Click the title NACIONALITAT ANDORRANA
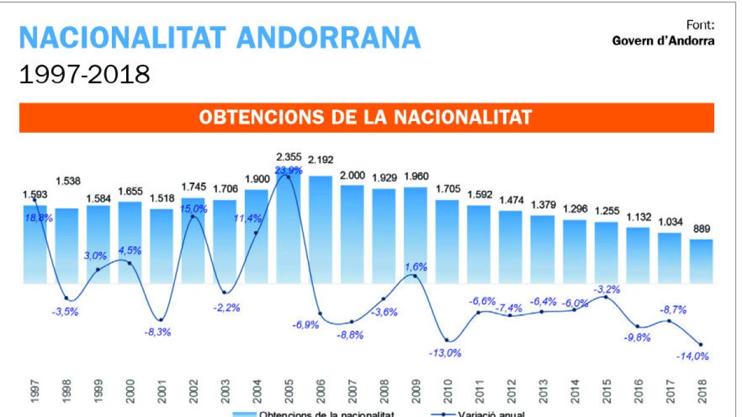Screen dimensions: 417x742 pyautogui.click(x=220, y=38)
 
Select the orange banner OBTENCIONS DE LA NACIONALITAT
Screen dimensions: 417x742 pyautogui.click(x=366, y=117)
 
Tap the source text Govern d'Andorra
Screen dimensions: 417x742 pyautogui.click(x=663, y=41)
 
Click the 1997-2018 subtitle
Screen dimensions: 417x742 pyautogui.click(x=85, y=75)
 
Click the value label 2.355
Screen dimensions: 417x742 pyautogui.click(x=288, y=158)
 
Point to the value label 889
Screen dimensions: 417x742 pyautogui.click(x=701, y=228)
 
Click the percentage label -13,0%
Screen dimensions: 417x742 pyautogui.click(x=444, y=353)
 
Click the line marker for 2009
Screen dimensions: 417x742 pyautogui.click(x=415, y=276)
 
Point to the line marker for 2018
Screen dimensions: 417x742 pyautogui.click(x=701, y=345)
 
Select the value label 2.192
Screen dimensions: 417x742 pyautogui.click(x=320, y=160)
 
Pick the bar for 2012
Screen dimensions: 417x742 pyautogui.click(x=511, y=247)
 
